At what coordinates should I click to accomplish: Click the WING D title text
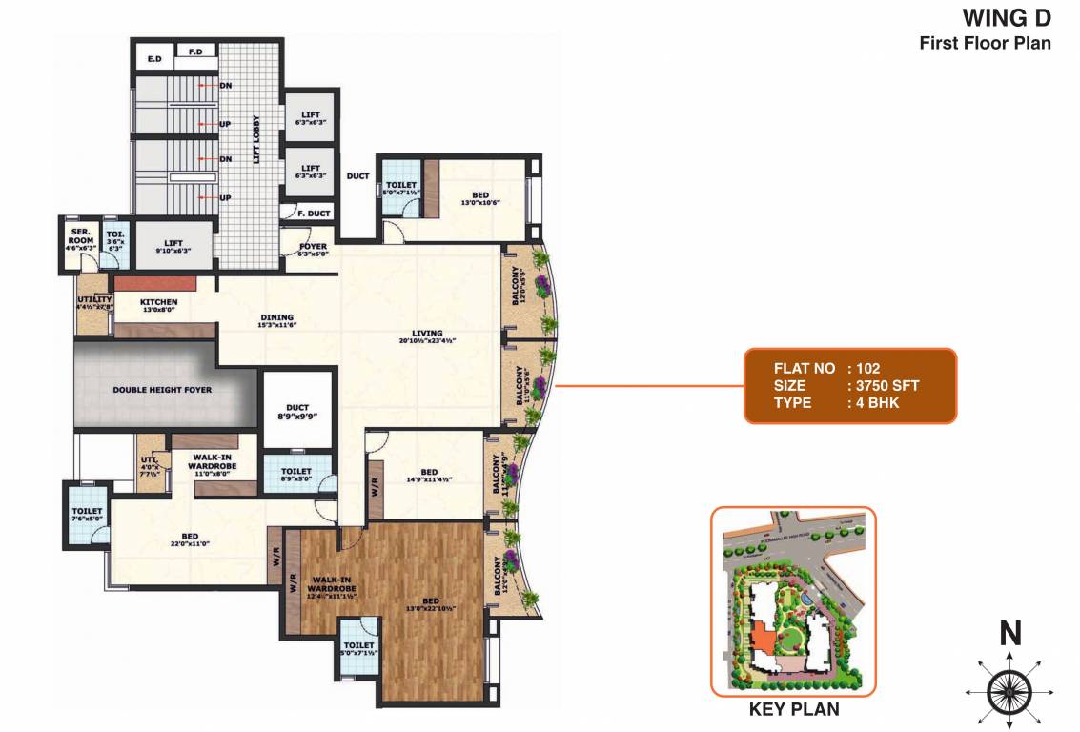click(x=1007, y=18)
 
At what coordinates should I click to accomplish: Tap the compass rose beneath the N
click(x=1009, y=689)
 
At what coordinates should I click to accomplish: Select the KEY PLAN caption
click(x=794, y=709)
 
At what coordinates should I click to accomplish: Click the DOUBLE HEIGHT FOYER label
click(x=162, y=390)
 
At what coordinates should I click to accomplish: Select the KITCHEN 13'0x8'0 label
click(x=159, y=306)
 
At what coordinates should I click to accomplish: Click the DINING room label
click(x=277, y=321)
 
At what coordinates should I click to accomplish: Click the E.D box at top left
click(x=153, y=59)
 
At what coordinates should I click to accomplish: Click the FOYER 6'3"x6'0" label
click(x=313, y=250)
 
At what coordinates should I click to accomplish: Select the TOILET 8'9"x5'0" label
click(x=296, y=475)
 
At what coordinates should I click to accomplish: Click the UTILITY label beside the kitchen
click(x=95, y=303)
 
